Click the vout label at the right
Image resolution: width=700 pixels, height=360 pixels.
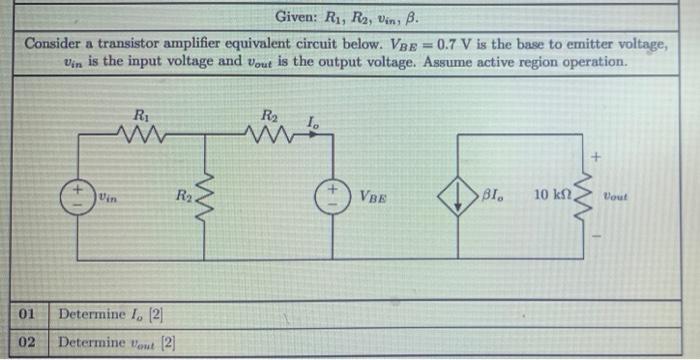(x=624, y=196)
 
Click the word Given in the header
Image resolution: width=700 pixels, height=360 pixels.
(x=297, y=17)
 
